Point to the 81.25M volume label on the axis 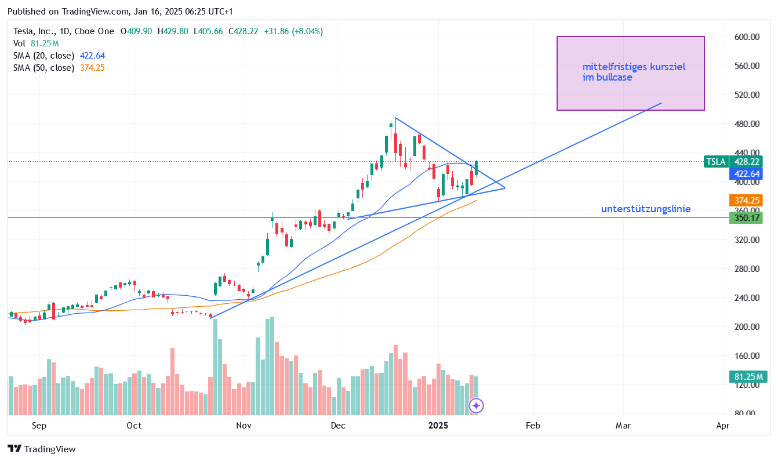tap(747, 377)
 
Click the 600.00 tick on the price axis tap(747, 37)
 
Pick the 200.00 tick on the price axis tap(747, 327)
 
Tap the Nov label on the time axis tap(243, 426)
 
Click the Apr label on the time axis tap(722, 426)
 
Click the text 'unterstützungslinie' tap(646, 209)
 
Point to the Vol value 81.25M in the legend tap(45, 43)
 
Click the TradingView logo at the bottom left tap(42, 449)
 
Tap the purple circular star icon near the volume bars tap(476, 406)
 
